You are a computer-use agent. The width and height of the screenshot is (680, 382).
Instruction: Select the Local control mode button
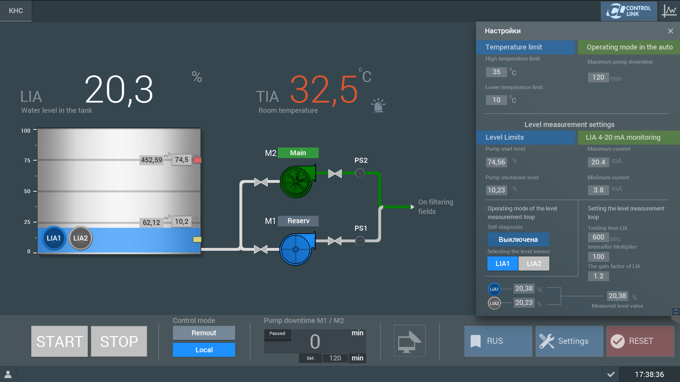tap(204, 350)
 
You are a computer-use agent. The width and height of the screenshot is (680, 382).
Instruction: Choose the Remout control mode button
tap(204, 333)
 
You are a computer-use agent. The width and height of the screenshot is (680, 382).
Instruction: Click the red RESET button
tap(640, 341)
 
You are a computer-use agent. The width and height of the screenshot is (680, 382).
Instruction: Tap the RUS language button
tap(498, 341)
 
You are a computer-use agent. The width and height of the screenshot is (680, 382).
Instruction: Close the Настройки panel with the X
tap(670, 31)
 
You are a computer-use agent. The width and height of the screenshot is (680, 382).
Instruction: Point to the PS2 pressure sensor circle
tap(360, 173)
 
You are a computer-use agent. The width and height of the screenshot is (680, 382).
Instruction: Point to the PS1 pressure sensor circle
tap(360, 241)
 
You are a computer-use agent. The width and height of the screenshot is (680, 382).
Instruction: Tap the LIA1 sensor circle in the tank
tap(54, 238)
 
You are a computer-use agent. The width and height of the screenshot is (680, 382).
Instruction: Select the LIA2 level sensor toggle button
tap(534, 264)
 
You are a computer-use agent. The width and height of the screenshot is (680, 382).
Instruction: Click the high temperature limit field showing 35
tap(497, 72)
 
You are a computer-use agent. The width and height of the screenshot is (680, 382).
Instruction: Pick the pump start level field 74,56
tap(497, 162)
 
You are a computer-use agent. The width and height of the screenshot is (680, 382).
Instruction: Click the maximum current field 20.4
tap(598, 162)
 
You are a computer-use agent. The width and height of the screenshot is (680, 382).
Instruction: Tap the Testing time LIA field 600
tap(598, 237)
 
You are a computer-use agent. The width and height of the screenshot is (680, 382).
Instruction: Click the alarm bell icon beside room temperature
tap(378, 105)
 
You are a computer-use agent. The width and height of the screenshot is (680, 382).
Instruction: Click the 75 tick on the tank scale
tap(35, 160)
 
